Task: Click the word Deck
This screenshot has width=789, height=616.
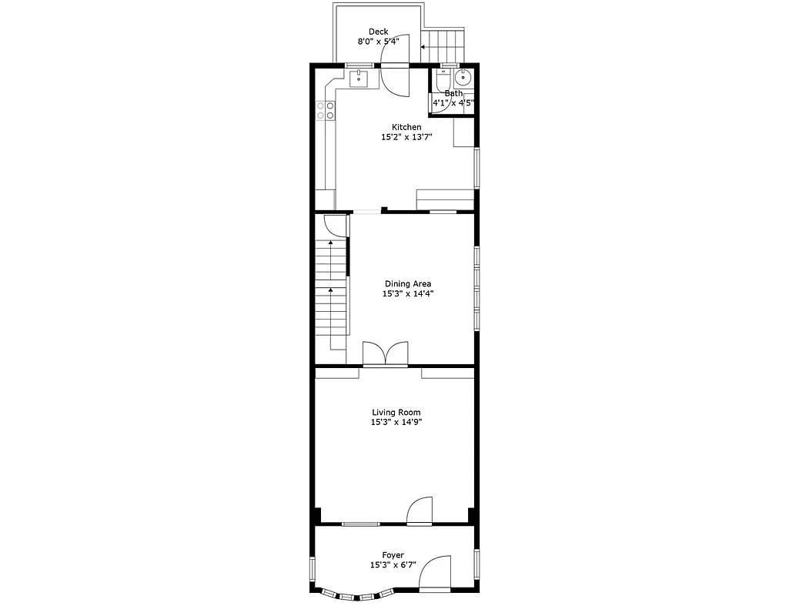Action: tap(378, 32)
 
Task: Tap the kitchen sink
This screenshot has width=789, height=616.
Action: tap(359, 78)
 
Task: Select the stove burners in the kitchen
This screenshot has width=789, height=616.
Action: tap(325, 110)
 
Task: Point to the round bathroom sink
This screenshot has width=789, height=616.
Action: tap(463, 78)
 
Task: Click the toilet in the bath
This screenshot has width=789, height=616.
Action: tap(443, 79)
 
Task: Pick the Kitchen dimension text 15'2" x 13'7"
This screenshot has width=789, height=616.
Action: tap(406, 138)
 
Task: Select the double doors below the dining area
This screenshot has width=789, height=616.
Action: tap(385, 353)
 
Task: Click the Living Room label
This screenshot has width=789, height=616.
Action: tap(396, 413)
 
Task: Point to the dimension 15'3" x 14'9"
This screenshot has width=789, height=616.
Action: tap(396, 422)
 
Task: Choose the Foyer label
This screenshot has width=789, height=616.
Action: tap(393, 555)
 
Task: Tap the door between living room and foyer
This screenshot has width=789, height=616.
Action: tap(420, 511)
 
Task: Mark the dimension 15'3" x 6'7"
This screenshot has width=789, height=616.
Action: tap(393, 564)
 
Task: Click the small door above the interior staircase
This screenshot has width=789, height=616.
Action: tap(334, 226)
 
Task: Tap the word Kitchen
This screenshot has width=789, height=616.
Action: tap(406, 127)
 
